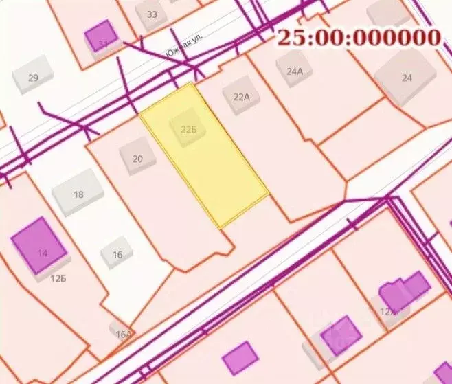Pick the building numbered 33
[151, 14]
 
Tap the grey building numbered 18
[78, 192]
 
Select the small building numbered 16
[117, 256]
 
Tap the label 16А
[123, 335]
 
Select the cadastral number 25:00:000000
[358, 37]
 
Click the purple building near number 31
[101, 36]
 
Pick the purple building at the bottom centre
[240, 358]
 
